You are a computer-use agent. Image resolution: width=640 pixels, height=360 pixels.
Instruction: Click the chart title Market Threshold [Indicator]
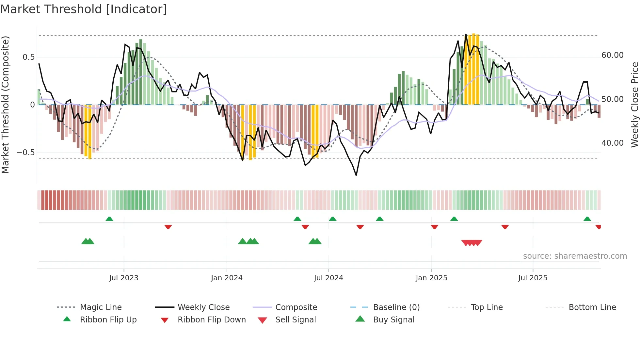pos(84,9)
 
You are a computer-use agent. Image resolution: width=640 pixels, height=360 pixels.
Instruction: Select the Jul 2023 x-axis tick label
pos(124,278)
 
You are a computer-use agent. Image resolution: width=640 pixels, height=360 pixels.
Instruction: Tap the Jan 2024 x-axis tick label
pos(227,278)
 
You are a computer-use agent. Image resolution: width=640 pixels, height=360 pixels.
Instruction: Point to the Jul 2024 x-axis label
pos(328,278)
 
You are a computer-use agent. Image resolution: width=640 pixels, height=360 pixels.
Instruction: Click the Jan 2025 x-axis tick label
pos(431,278)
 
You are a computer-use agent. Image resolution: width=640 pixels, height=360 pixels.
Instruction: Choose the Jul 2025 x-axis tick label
pos(533,278)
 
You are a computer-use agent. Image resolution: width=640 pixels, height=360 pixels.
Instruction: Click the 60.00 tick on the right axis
pos(612,55)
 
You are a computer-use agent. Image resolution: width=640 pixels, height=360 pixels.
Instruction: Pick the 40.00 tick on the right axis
pos(612,143)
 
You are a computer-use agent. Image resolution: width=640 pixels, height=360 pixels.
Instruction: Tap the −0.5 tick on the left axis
pos(25,153)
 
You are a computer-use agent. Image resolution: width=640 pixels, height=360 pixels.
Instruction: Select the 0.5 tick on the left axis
pos(28,57)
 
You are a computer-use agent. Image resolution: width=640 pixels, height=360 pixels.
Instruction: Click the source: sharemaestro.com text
pos(575,256)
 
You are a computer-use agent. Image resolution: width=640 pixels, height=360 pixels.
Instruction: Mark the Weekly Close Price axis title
pos(634,105)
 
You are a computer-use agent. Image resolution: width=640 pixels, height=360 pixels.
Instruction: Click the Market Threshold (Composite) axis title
pos(5,105)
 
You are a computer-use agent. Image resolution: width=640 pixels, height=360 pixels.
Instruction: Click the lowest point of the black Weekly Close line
pos(356,175)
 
